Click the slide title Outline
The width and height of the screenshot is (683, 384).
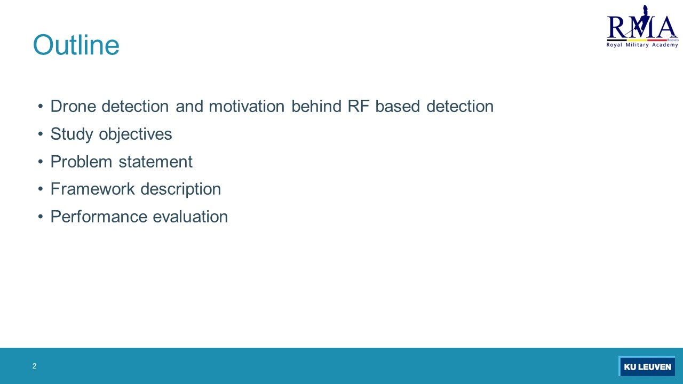tap(76, 45)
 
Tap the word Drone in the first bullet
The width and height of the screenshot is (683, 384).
tap(73, 106)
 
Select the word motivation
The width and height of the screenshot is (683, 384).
tap(247, 106)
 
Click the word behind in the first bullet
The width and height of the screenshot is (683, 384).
tap(316, 106)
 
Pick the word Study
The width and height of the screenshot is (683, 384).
tap(72, 134)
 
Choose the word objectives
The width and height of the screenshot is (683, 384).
tap(136, 134)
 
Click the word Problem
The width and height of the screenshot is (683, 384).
tap(81, 162)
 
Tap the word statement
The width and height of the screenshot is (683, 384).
tap(155, 162)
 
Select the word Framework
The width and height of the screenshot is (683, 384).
tap(93, 189)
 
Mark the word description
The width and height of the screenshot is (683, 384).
tap(181, 189)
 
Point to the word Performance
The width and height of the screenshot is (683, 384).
tap(99, 217)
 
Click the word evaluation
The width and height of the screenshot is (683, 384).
tap(190, 217)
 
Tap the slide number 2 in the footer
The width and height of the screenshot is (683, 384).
tap(34, 366)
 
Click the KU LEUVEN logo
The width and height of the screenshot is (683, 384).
tap(647, 366)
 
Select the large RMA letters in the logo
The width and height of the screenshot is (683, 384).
tap(642, 27)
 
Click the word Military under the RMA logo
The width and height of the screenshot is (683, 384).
tap(637, 45)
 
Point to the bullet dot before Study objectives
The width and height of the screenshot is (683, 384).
tap(41, 134)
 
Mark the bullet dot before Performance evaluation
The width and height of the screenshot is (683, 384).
tap(41, 217)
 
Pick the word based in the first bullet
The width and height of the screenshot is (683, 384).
tap(398, 106)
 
